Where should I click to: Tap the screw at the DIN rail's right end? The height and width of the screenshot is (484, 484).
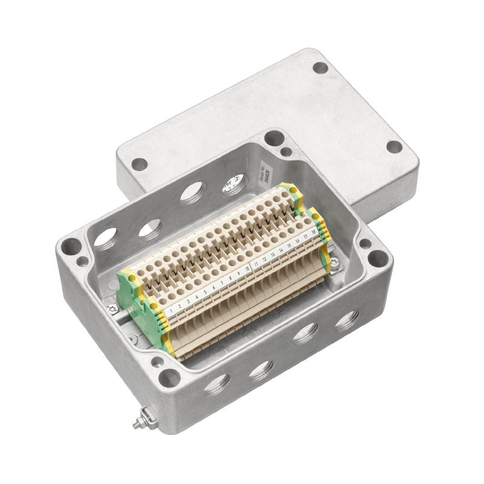pos(335,262)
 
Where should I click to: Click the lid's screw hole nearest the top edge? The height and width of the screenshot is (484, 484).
pos(320,68)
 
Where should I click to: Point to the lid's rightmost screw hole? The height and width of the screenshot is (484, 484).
pos(394,146)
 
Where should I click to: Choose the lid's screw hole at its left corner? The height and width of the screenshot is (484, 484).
pos(139,163)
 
